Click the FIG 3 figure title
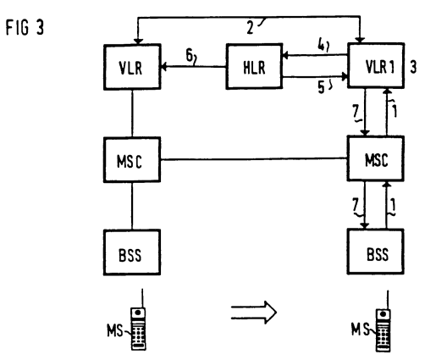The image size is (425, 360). [25, 27]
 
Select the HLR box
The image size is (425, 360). [254, 66]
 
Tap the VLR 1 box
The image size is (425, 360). [376, 65]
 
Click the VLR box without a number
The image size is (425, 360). [132, 67]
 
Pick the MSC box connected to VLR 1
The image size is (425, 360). [376, 158]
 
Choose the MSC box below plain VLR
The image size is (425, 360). [132, 160]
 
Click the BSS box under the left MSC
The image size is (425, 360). [132, 252]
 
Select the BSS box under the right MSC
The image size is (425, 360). [376, 252]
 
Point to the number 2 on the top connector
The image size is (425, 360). [250, 28]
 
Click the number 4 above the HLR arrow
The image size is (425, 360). [321, 44]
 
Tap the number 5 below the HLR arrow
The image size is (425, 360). [321, 87]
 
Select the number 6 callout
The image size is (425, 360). [190, 55]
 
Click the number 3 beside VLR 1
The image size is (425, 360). [413, 67]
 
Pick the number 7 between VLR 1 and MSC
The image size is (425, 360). [356, 111]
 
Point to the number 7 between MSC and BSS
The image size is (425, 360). [356, 204]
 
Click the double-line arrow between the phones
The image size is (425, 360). [254, 313]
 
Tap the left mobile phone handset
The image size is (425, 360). [139, 329]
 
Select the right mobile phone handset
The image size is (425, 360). [384, 330]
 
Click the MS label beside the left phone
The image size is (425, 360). [114, 330]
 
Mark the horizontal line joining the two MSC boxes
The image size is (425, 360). [254, 159]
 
